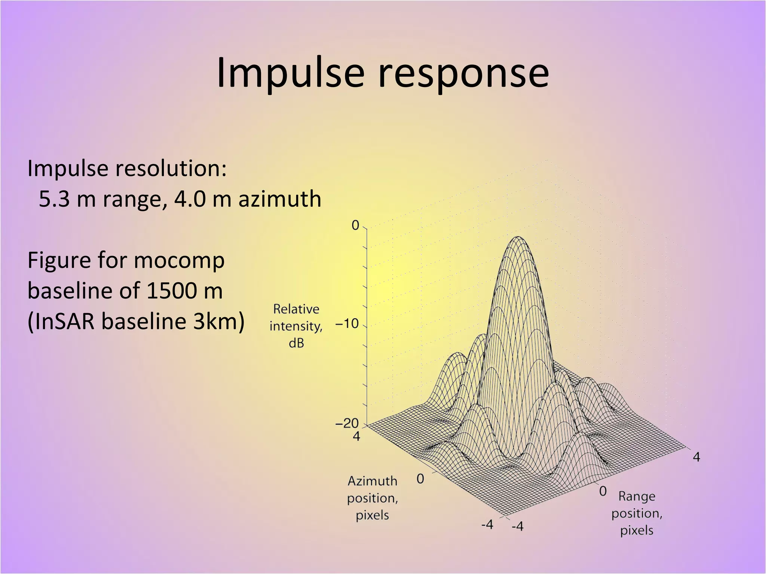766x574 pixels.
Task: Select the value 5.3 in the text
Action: coord(54,199)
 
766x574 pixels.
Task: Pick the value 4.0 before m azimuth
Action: coord(190,199)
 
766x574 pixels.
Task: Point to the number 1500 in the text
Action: coord(172,291)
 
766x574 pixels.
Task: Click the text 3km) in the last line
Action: coord(219,321)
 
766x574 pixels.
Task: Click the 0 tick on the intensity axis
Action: coord(355,226)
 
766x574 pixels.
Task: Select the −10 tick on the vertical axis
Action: coord(347,324)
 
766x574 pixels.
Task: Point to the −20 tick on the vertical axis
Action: coord(347,423)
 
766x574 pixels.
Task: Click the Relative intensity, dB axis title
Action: coord(296,326)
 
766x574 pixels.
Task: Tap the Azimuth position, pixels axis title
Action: coord(372,498)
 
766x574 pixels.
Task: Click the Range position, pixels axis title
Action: coord(637,513)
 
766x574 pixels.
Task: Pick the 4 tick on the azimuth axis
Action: coord(356,436)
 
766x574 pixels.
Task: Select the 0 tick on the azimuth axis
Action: coord(420,479)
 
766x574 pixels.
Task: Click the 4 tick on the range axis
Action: coord(696,457)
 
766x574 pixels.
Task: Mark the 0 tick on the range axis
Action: coord(603,491)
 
